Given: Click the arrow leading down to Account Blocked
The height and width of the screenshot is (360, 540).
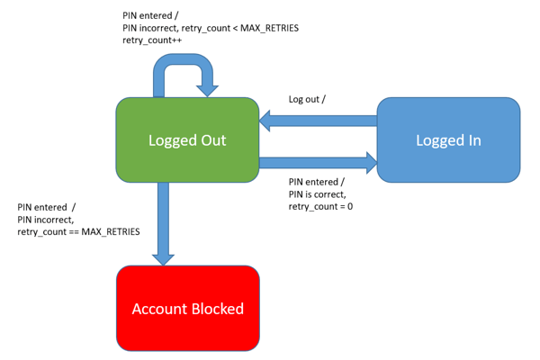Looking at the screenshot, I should point(163,220).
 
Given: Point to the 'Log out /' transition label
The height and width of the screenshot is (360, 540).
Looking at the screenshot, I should point(307,99).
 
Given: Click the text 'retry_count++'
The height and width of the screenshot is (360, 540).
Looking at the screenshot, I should point(153,41).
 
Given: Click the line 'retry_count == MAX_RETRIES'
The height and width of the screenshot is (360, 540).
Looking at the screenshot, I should point(78,232).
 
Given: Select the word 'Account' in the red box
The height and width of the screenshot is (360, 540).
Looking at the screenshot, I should point(158,309).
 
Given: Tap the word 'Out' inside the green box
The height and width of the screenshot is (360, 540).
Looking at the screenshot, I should point(212,140).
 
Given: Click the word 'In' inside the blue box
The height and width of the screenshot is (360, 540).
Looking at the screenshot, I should point(473,140).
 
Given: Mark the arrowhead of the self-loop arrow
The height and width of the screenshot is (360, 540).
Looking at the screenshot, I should point(210,88).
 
